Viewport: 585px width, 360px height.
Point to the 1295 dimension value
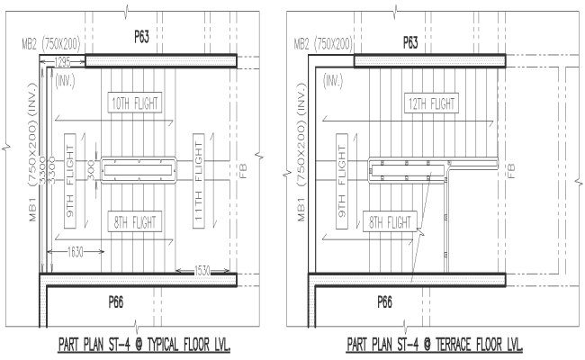tap(63, 60)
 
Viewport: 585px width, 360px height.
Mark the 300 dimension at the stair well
tap(91, 168)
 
